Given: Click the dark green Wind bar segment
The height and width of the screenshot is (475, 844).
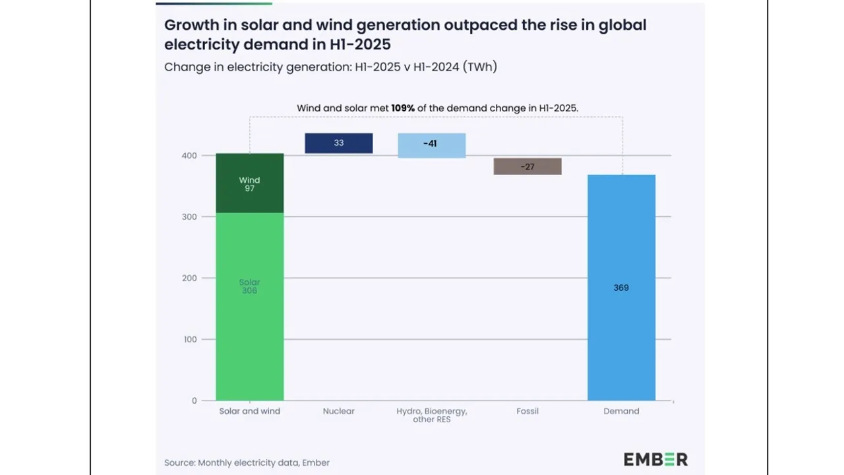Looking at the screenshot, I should click(x=250, y=183).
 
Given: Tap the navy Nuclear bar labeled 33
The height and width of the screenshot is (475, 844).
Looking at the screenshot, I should click(x=338, y=143).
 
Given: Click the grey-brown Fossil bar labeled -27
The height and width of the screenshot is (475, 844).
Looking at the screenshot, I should click(x=527, y=166).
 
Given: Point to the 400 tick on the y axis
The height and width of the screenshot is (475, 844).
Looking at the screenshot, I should click(x=189, y=156).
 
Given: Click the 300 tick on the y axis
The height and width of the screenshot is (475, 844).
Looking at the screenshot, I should click(x=189, y=217).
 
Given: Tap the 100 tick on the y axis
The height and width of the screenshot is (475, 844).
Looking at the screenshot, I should click(x=189, y=339).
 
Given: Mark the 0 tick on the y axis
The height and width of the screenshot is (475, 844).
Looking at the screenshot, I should click(x=194, y=400).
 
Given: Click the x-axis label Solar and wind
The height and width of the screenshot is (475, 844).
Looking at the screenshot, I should click(x=249, y=411).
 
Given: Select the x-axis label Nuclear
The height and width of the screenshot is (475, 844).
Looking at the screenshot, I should click(x=338, y=411).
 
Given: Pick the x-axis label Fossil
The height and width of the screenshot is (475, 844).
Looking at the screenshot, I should click(x=527, y=411).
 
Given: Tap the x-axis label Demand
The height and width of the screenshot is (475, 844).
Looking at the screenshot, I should click(x=621, y=411).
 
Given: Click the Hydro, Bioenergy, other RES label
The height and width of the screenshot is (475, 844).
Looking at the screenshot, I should click(x=431, y=415).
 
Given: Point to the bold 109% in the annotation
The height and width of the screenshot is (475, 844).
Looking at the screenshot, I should click(x=402, y=108).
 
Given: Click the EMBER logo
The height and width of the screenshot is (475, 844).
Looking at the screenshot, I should click(x=655, y=459).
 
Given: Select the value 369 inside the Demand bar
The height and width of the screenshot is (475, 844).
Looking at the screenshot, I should click(x=621, y=288).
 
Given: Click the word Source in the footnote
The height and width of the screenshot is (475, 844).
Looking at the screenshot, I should click(x=179, y=462).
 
